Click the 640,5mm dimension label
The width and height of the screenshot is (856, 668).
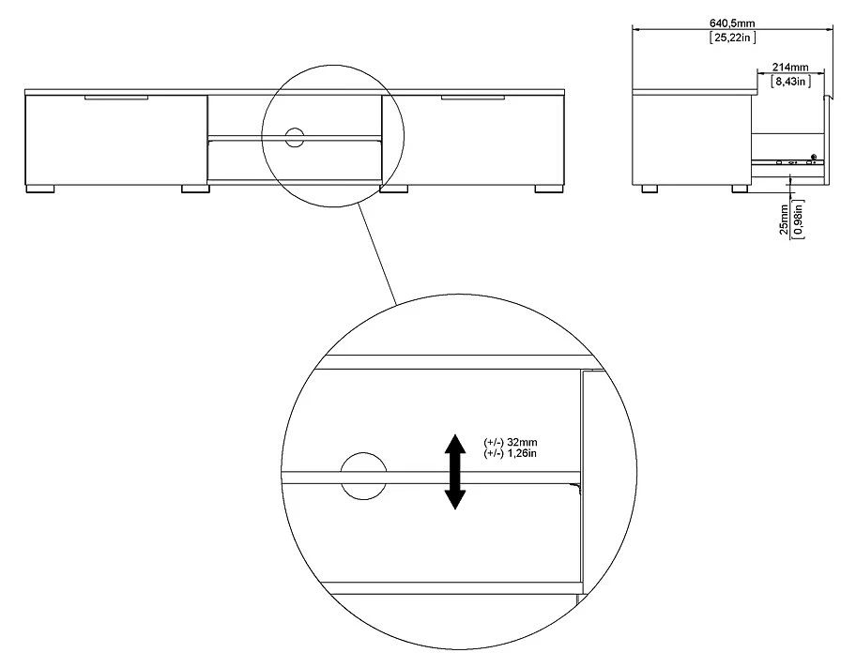[732, 23]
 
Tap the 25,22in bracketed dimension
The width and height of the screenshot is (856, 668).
[732, 38]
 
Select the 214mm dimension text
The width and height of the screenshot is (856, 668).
[790, 68]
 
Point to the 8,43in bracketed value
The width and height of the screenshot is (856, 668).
[790, 82]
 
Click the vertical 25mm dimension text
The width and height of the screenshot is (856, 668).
[784, 220]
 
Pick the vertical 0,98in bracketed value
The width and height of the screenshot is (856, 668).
[799, 219]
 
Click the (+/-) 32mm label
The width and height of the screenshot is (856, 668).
[510, 442]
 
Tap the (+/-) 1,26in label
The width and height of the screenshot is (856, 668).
[510, 453]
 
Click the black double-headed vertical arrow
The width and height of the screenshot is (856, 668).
[454, 472]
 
